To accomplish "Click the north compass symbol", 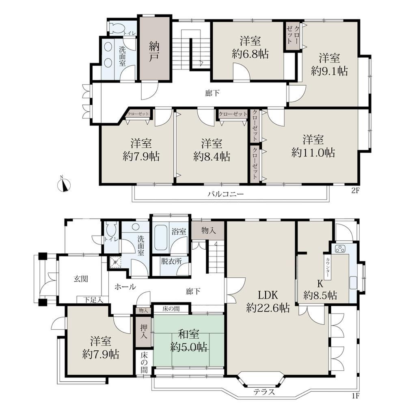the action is point(63,185).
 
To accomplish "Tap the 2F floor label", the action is point(355,191).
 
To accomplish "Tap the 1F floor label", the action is point(356,396).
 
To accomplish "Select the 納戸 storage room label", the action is point(154,52).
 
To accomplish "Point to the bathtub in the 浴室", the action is point(160,237).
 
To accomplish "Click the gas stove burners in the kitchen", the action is point(340,248).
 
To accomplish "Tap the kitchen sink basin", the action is point(353,283).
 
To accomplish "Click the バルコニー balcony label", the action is point(225,194).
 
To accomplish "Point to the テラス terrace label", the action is point(264,392).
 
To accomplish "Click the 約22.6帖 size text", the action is point(268,308).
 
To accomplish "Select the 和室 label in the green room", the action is point(189,334).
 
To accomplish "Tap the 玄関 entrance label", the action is point(81,279).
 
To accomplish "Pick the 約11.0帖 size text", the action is point(313,153).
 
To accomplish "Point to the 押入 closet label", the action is point(144,331).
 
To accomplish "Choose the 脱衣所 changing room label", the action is point(171,261).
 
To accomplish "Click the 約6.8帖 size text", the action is point(250,54).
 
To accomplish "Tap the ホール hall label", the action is point(125,287).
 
